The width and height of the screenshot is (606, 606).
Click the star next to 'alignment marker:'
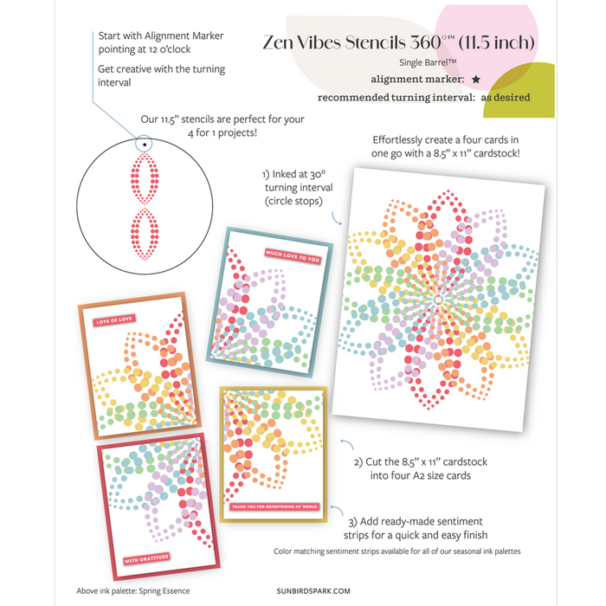[476, 80]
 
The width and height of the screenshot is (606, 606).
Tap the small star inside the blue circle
[145, 145]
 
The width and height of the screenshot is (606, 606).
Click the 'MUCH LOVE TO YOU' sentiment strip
[293, 256]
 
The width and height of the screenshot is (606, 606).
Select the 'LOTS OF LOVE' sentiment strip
[114, 320]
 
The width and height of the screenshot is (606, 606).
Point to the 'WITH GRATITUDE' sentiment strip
[146, 559]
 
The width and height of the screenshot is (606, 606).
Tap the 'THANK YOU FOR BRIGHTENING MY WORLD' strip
[274, 506]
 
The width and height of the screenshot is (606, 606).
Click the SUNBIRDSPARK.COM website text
[313, 591]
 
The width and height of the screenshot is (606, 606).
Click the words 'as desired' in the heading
[505, 97]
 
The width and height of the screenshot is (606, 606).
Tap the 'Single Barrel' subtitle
[428, 62]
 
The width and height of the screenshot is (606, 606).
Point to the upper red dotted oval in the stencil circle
[145, 177]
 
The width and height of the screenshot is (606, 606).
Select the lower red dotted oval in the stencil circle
[145, 234]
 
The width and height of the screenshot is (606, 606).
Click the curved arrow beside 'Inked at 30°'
[336, 219]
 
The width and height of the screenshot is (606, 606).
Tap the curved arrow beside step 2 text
[347, 443]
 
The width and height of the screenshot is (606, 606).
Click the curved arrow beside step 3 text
[337, 509]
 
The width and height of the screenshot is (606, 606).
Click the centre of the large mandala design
[438, 300]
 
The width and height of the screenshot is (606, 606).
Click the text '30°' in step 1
[318, 174]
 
